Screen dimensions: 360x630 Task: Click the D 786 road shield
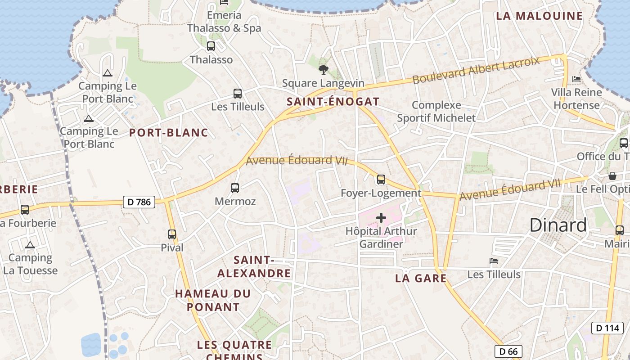139,202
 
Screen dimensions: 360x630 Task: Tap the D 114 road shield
607,328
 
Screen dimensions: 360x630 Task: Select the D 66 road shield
509,351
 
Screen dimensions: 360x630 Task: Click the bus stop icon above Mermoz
234,188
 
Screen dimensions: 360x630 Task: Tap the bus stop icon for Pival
172,234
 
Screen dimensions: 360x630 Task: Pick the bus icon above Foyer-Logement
381,180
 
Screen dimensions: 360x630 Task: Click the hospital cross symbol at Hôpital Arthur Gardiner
381,218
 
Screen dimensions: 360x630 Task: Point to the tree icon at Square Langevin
323,69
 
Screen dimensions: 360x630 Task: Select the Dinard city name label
558,225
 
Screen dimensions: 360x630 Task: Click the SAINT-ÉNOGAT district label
333,102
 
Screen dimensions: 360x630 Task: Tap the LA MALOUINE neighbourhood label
539,16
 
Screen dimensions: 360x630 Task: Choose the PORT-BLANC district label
169,132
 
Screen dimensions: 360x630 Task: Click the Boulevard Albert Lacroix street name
476,70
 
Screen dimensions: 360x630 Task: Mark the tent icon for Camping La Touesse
30,245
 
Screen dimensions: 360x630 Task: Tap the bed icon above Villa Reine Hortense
576,79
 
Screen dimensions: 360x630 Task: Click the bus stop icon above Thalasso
211,46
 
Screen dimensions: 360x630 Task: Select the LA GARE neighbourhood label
421,278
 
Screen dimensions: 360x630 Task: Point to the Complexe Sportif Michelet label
436,112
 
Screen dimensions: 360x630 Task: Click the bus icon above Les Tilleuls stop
238,94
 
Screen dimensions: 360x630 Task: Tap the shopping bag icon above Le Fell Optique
612,175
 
